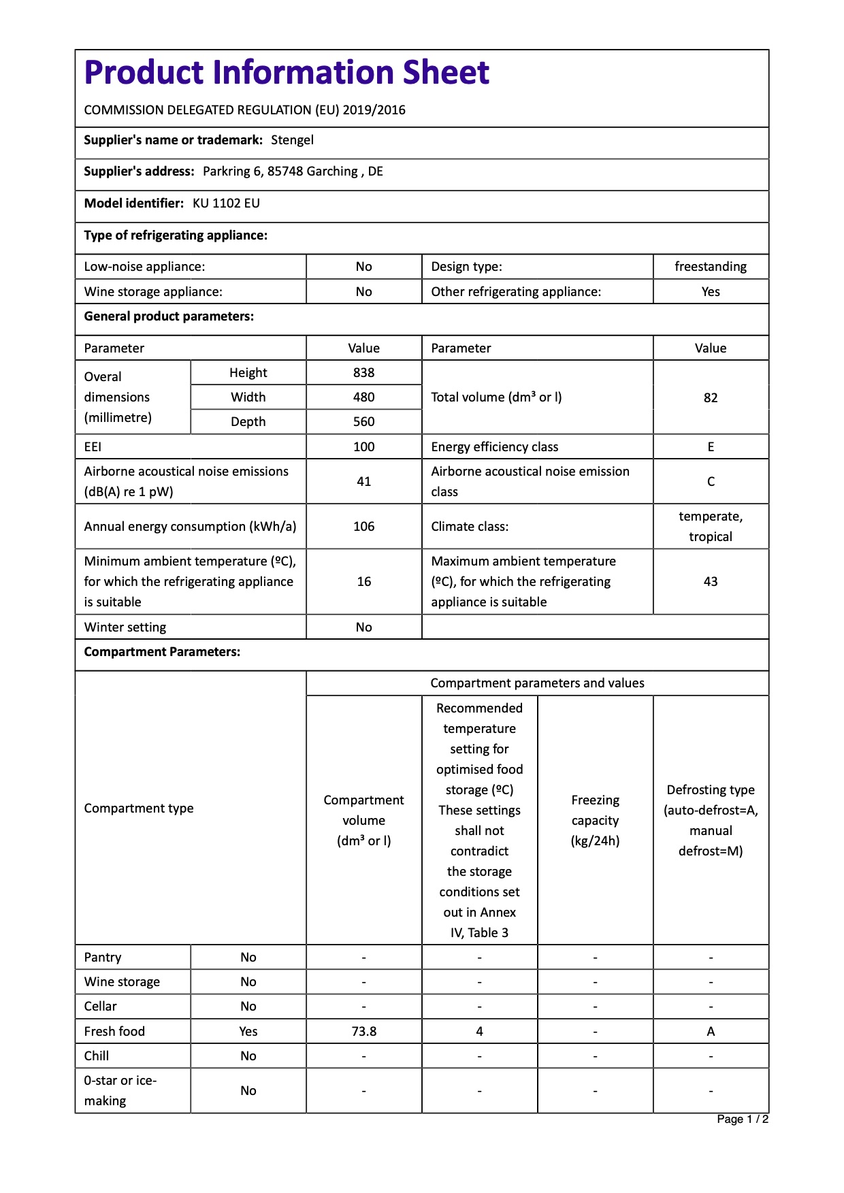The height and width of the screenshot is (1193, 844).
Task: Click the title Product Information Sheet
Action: tap(287, 73)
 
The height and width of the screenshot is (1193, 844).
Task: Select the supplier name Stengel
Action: tap(292, 140)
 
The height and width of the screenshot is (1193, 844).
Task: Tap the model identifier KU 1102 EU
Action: tap(226, 203)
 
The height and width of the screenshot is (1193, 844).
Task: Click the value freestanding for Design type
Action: tap(710, 267)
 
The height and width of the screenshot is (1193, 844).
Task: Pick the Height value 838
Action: tap(363, 373)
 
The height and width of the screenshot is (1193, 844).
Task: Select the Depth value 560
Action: tap(363, 422)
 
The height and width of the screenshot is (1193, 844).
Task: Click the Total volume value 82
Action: tap(710, 397)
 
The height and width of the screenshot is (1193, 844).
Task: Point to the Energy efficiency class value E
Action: tap(710, 447)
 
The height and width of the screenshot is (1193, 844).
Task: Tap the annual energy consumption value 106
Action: tap(363, 527)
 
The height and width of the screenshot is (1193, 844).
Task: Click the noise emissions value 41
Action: tap(363, 482)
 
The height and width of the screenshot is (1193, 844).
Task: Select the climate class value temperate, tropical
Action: tap(710, 527)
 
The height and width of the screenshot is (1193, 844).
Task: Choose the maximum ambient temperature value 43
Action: tap(710, 582)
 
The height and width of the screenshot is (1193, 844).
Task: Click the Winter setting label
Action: tap(125, 627)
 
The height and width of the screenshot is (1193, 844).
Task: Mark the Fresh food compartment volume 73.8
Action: tap(363, 1032)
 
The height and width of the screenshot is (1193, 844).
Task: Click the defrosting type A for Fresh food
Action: tap(710, 1032)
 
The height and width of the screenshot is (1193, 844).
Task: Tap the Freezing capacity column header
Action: tap(595, 821)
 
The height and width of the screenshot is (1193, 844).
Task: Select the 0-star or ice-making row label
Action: tap(120, 1091)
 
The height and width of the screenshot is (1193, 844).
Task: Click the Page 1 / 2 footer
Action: tap(742, 1120)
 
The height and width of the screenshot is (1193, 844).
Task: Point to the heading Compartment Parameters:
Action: tap(162, 652)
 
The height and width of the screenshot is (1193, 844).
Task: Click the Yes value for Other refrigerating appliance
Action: tap(710, 292)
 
